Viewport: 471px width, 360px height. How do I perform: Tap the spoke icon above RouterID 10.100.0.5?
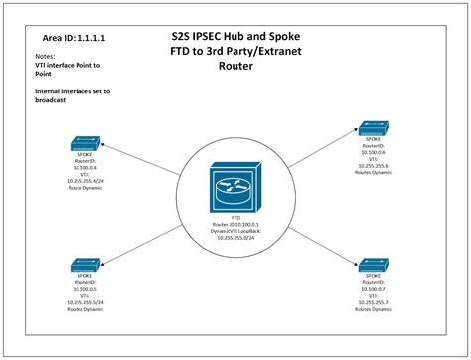[86, 266]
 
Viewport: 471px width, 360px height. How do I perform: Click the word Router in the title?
[235, 68]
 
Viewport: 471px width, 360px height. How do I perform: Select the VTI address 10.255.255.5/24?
[86, 301]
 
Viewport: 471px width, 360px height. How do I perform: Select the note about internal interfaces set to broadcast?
[60, 95]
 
